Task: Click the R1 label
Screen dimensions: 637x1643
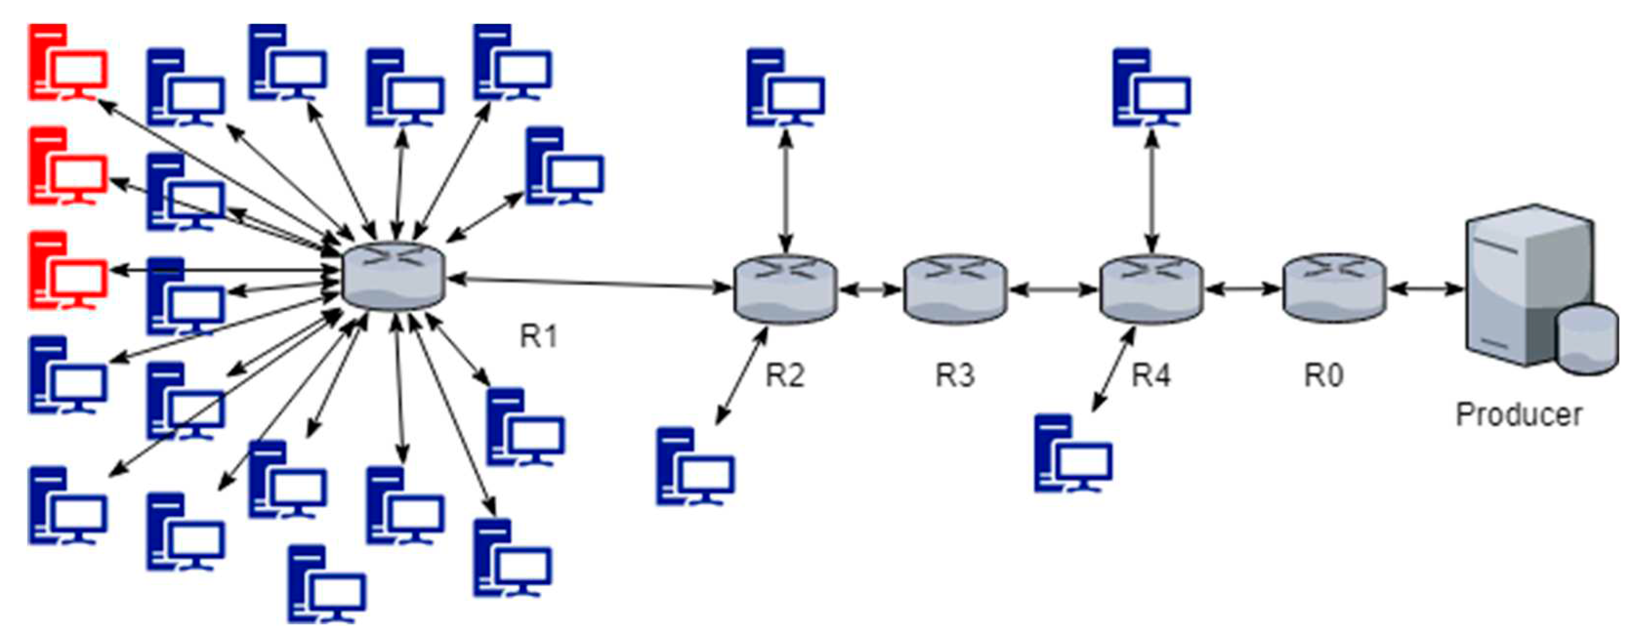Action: pyautogui.click(x=539, y=336)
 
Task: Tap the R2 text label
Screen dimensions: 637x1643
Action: pyautogui.click(x=785, y=375)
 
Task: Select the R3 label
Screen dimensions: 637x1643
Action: pyautogui.click(x=955, y=375)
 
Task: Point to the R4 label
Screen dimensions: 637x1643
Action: pyautogui.click(x=1151, y=375)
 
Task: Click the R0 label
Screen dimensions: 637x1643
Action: pyautogui.click(x=1324, y=375)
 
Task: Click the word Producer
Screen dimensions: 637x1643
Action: pyautogui.click(x=1518, y=414)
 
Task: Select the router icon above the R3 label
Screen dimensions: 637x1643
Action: pyautogui.click(x=955, y=289)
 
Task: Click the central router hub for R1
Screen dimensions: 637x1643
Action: pyautogui.click(x=393, y=277)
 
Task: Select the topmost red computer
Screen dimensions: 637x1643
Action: pyautogui.click(x=67, y=62)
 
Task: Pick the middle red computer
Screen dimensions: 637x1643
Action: pyautogui.click(x=67, y=166)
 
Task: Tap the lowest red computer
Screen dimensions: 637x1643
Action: pyautogui.click(x=67, y=270)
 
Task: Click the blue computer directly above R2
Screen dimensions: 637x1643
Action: pyautogui.click(x=785, y=87)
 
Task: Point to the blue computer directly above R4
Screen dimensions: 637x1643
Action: pyautogui.click(x=1151, y=87)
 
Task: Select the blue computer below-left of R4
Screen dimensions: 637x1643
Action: pyautogui.click(x=1073, y=453)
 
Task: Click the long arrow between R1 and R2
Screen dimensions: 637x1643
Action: pyautogui.click(x=590, y=283)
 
